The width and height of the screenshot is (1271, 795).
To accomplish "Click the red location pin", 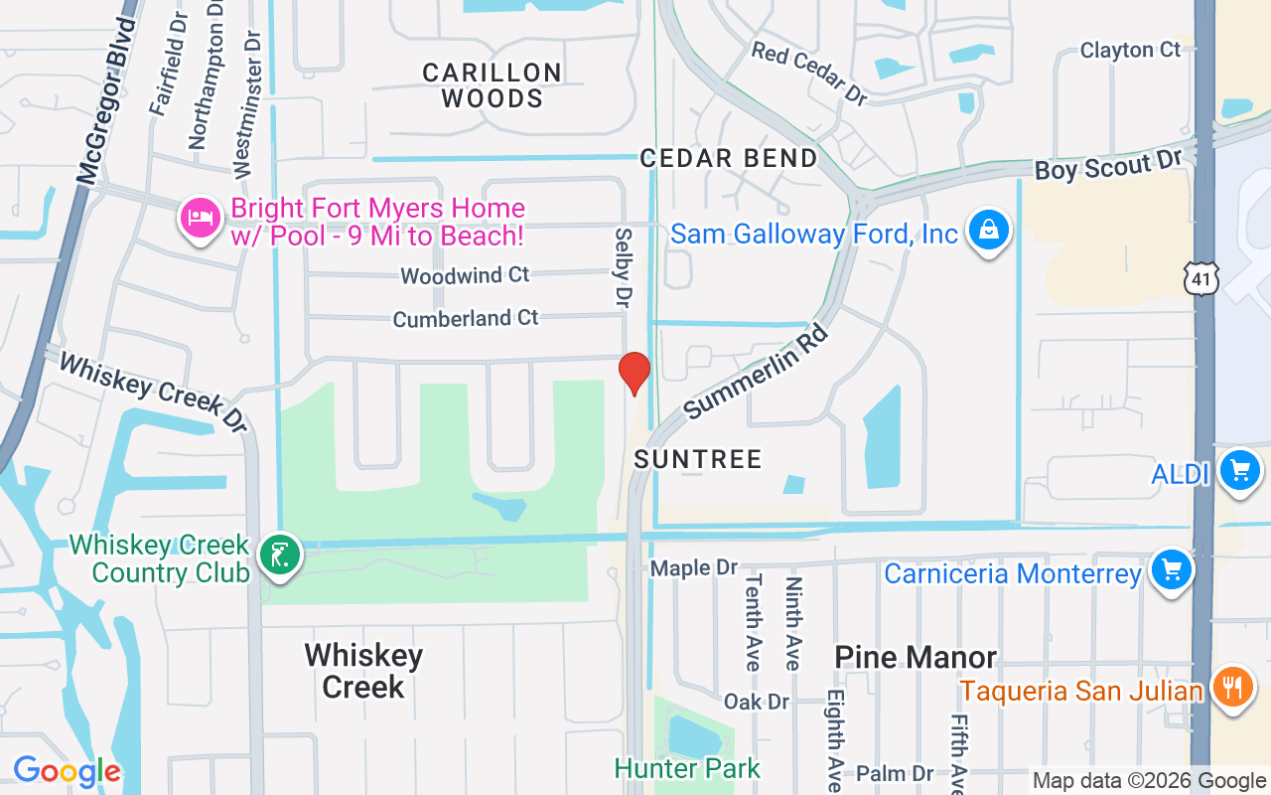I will pos(634,373).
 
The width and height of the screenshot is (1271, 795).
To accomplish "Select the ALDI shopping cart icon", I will pos(1238,469).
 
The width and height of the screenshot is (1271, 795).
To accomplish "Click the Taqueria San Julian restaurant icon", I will pos(1232,688).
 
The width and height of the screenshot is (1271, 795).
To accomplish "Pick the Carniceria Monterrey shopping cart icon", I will pos(1171,570).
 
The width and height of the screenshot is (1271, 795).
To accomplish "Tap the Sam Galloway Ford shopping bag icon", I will pos(988,231).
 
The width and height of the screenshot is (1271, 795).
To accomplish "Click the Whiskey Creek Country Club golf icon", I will pos(280,555).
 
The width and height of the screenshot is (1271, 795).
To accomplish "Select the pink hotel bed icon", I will pos(201,218).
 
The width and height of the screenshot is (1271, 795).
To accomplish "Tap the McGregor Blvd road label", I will pos(104,100).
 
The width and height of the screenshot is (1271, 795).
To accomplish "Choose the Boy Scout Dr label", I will pos(1108,166).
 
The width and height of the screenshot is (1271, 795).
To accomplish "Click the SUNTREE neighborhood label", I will pos(698,459).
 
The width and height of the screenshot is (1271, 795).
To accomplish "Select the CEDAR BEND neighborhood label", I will pos(729,158).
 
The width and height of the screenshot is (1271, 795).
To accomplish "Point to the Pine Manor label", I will pos(916,657).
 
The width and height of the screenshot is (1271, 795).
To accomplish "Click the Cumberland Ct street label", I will pos(465,319).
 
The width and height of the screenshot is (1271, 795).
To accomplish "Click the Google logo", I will pos(67,771).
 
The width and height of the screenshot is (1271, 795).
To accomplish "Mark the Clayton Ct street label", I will pos(1130,50).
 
